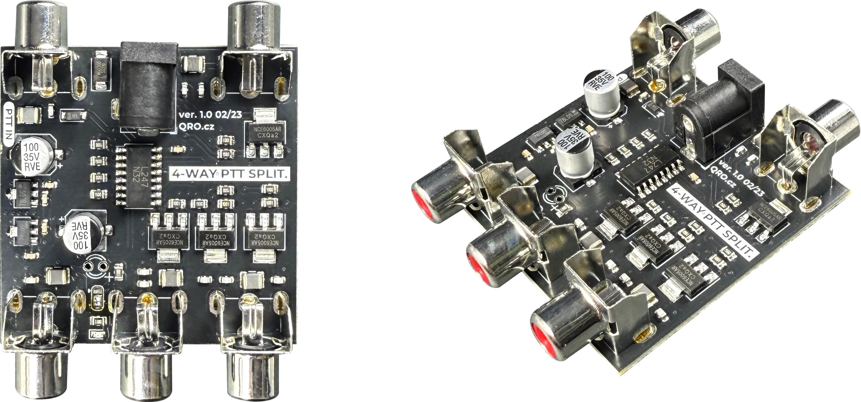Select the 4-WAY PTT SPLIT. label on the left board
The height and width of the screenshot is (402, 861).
click(230, 174)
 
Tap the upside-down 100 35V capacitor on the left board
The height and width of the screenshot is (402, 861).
click(85, 236)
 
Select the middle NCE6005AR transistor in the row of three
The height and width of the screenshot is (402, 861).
click(212, 237)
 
